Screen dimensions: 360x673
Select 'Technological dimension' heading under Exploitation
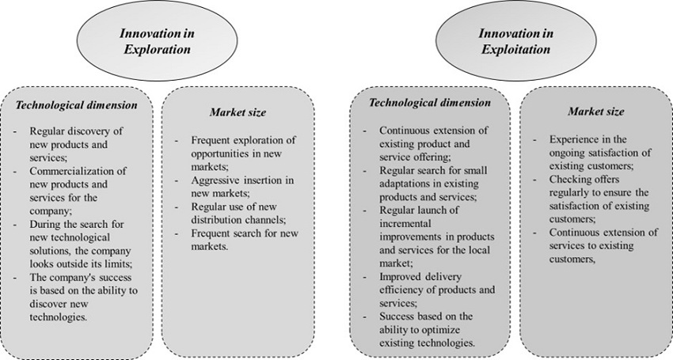(x=429, y=103)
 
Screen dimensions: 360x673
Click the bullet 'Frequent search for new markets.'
(x=236, y=240)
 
